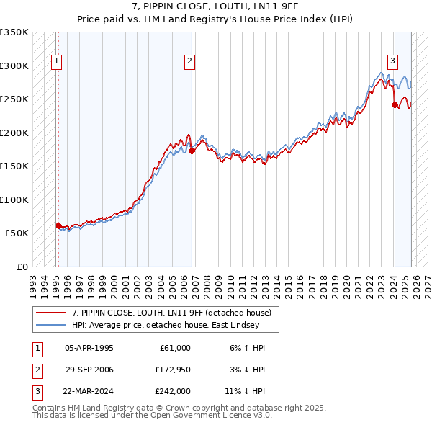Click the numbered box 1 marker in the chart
coord(56,61)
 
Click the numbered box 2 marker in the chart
coord(189,61)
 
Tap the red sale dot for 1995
coord(58,225)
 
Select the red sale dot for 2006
coord(192,151)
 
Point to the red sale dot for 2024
coord(395,104)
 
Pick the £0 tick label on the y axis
coord(22,267)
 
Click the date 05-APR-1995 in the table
coord(89,348)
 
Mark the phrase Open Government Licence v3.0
coord(212,416)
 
